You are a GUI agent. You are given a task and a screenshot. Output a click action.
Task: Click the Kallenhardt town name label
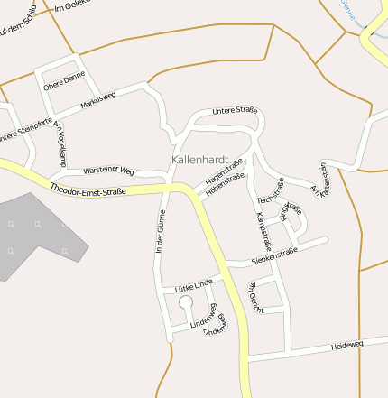(199, 158)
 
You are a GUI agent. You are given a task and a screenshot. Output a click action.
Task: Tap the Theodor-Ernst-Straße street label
(88, 190)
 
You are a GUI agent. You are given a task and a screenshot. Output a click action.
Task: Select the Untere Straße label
(234, 110)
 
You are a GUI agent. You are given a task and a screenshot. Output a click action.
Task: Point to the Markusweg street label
(97, 98)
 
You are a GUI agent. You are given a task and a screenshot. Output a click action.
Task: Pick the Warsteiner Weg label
(107, 171)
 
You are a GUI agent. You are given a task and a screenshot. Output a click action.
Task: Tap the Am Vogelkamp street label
(60, 143)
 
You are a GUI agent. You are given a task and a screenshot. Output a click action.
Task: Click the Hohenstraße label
(225, 184)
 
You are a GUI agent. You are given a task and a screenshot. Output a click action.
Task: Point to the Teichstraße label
(270, 190)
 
